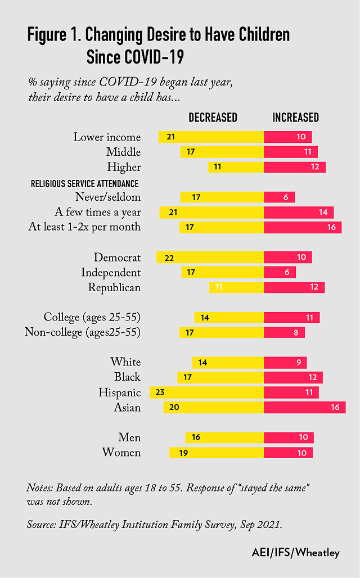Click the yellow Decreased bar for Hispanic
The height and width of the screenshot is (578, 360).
[206, 392]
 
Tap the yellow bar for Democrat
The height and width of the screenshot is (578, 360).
[210, 257]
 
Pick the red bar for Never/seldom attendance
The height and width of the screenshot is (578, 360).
[279, 197]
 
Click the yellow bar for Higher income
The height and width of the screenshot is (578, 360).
[236, 167]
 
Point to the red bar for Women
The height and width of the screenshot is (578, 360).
[288, 453]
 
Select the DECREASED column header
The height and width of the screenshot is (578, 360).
[213, 118]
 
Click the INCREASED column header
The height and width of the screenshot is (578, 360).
[295, 118]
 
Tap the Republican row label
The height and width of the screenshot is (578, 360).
[114, 287]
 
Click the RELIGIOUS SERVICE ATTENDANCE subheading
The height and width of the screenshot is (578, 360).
[84, 183]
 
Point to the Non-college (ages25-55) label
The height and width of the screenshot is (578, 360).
[83, 332]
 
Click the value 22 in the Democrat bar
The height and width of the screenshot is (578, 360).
[169, 258]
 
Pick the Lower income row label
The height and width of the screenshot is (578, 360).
[107, 137]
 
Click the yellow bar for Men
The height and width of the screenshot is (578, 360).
[224, 437]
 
